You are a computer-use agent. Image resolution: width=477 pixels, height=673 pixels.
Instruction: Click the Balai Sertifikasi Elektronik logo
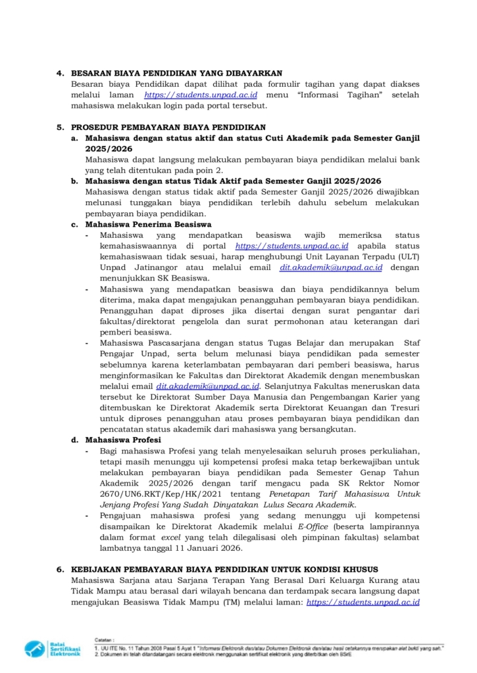point(53,648)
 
